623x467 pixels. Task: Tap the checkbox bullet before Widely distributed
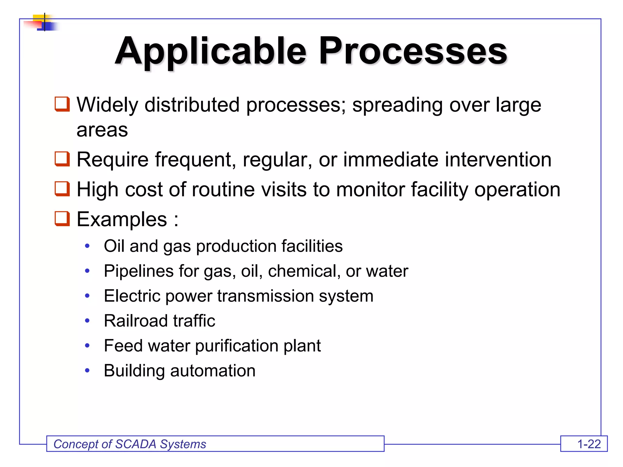pos(62,104)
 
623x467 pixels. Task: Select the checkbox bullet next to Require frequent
pos(62,159)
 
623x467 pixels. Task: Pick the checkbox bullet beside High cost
pos(62,189)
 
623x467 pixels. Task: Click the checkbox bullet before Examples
pos(62,219)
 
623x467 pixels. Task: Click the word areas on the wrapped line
pos(102,130)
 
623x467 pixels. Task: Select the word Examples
pos(122,219)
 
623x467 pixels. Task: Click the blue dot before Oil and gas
pos(87,246)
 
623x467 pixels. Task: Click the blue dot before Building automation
pos(87,370)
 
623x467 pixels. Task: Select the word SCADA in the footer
pos(136,444)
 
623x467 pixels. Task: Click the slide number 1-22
pos(589,444)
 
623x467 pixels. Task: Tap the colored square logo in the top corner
pos(43,22)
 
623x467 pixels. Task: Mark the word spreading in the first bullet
pos(397,105)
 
